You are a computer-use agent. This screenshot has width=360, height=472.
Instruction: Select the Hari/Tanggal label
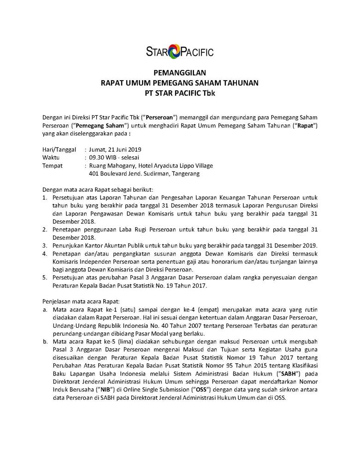(59, 149)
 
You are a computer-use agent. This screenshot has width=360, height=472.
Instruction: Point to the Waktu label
(51, 158)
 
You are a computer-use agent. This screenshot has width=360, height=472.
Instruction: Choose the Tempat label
(53, 165)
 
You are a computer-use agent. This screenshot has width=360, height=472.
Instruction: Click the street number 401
(94, 174)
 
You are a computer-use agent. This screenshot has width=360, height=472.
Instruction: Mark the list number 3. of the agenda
(45, 245)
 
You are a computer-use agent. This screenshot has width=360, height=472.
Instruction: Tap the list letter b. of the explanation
(45, 342)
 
